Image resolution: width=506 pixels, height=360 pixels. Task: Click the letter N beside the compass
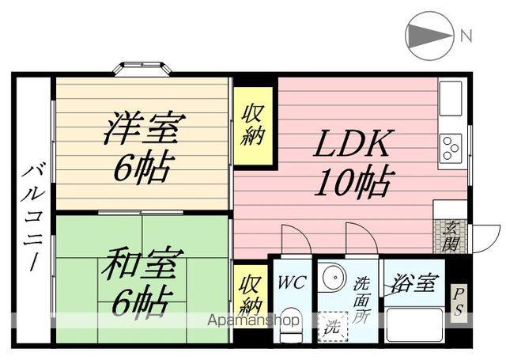coord(466,35)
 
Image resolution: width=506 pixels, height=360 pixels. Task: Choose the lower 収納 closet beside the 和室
coord(251,294)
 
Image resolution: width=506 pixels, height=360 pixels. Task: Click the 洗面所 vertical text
coord(362,296)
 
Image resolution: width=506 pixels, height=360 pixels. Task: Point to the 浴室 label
coord(412,282)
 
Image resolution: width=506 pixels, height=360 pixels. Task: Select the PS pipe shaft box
coord(458,303)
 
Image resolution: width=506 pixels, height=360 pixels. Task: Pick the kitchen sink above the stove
coord(452,98)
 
